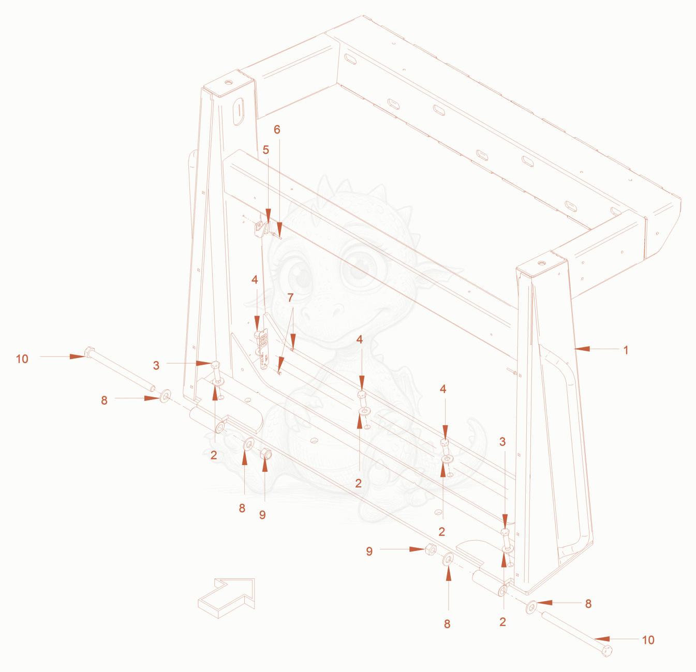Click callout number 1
pyautogui.click(x=626, y=350)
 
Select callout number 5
pyautogui.click(x=265, y=150)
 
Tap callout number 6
pyautogui.click(x=277, y=129)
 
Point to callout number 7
pyautogui.click(x=290, y=297)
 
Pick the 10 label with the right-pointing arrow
pyautogui.click(x=22, y=359)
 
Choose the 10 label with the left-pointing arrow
pyautogui.click(x=648, y=640)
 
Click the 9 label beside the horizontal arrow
pyautogui.click(x=369, y=551)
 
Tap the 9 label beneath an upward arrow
pyautogui.click(x=262, y=515)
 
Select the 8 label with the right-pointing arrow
pyautogui.click(x=104, y=400)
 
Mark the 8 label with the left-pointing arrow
pyautogui.click(x=588, y=604)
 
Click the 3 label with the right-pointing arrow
pyautogui.click(x=156, y=365)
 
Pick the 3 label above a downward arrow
pyautogui.click(x=502, y=442)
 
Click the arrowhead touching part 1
pyautogui.click(x=582, y=348)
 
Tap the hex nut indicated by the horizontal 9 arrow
pyautogui.click(x=430, y=549)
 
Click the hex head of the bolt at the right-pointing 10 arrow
pyautogui.click(x=88, y=352)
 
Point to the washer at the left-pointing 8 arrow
pyautogui.click(x=531, y=607)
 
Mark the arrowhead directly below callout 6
pyautogui.click(x=279, y=228)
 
